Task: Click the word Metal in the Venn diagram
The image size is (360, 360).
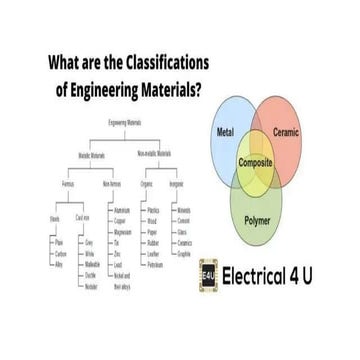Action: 225,133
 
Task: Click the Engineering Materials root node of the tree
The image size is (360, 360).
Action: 128,122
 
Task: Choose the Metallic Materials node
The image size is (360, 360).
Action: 96,154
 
